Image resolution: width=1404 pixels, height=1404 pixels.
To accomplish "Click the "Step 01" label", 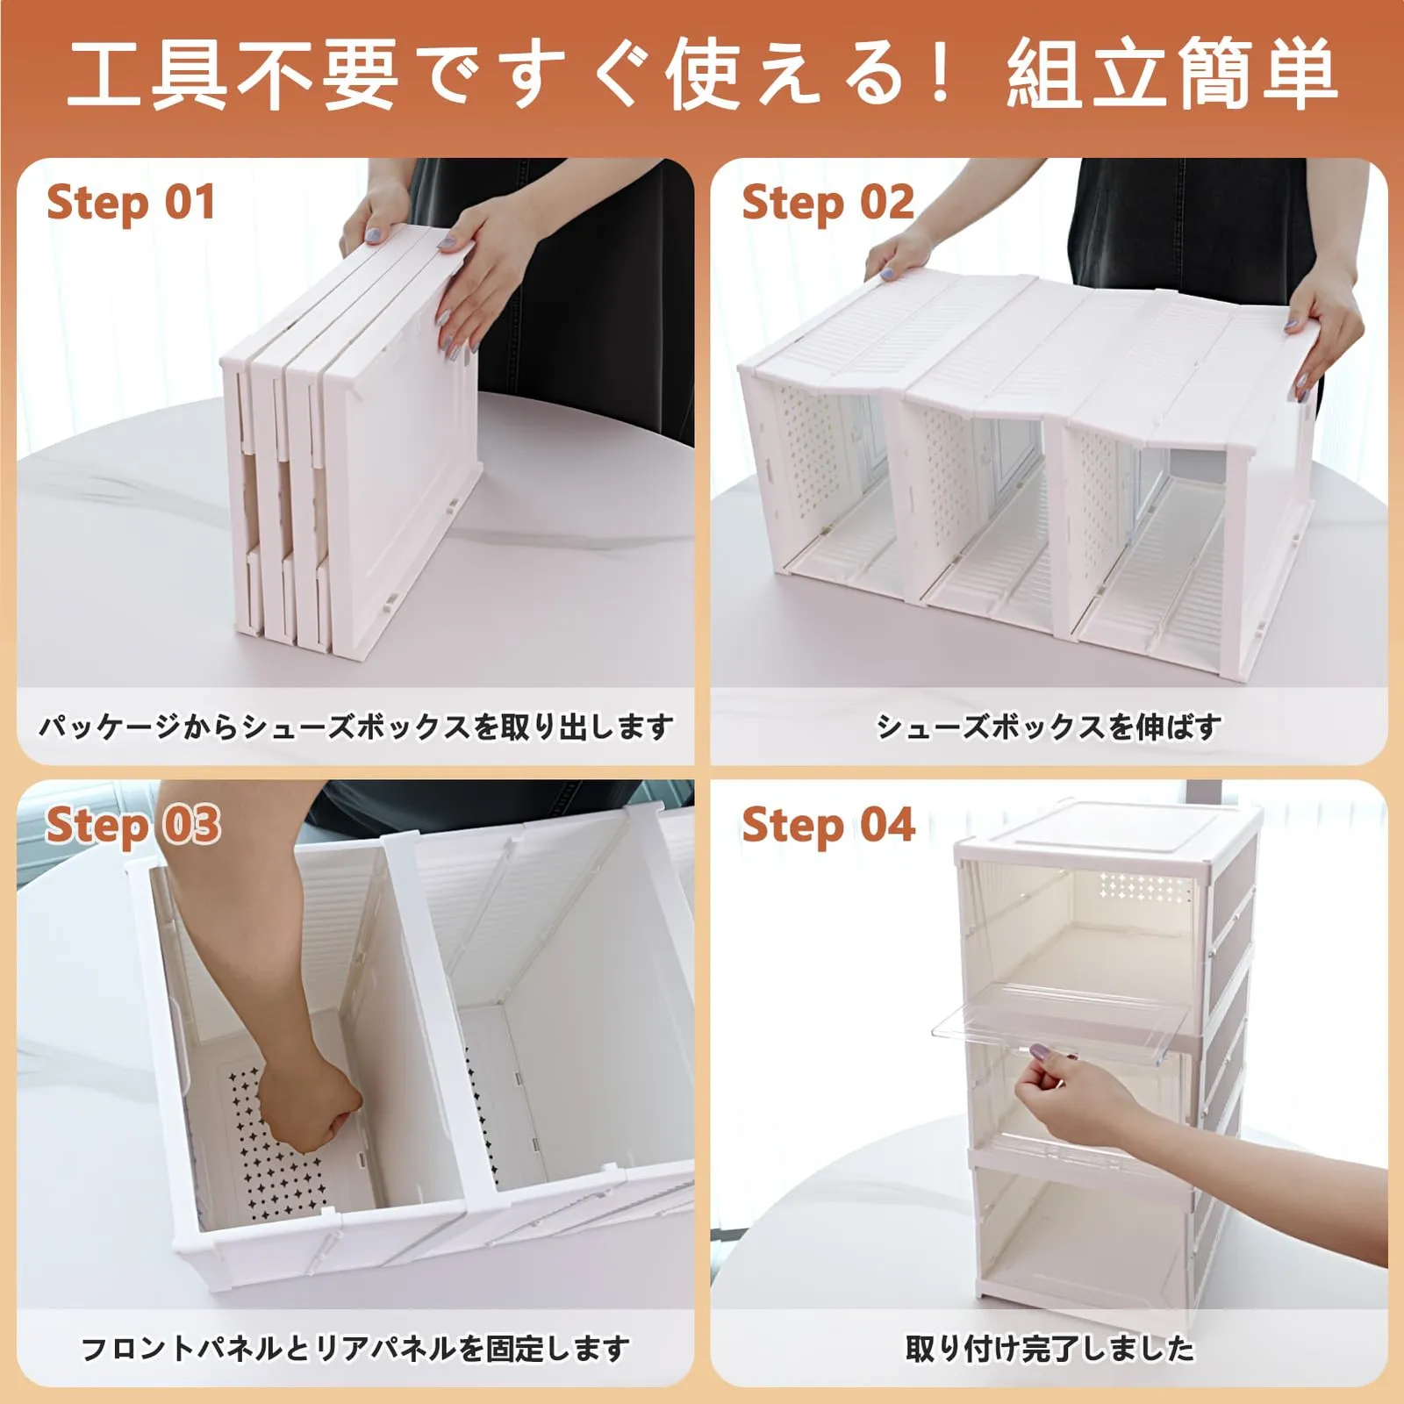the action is [131, 204].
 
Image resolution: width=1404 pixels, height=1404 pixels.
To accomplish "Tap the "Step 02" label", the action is [827, 204].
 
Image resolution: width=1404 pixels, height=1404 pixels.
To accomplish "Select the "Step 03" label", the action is [133, 826].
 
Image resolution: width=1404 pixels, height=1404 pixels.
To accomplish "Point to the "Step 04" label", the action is [827, 826].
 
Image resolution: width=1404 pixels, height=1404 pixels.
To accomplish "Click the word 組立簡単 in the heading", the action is [1172, 75].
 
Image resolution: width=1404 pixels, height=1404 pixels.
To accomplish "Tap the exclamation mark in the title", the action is [942, 72].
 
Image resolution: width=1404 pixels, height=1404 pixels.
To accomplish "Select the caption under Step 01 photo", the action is [355, 727].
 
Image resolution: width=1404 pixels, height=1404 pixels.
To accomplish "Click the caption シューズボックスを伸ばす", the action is [1049, 727].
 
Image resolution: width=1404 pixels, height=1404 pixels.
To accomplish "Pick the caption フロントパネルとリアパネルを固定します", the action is [355, 1348].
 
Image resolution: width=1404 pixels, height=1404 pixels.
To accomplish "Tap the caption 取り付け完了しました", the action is [1049, 1348].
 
